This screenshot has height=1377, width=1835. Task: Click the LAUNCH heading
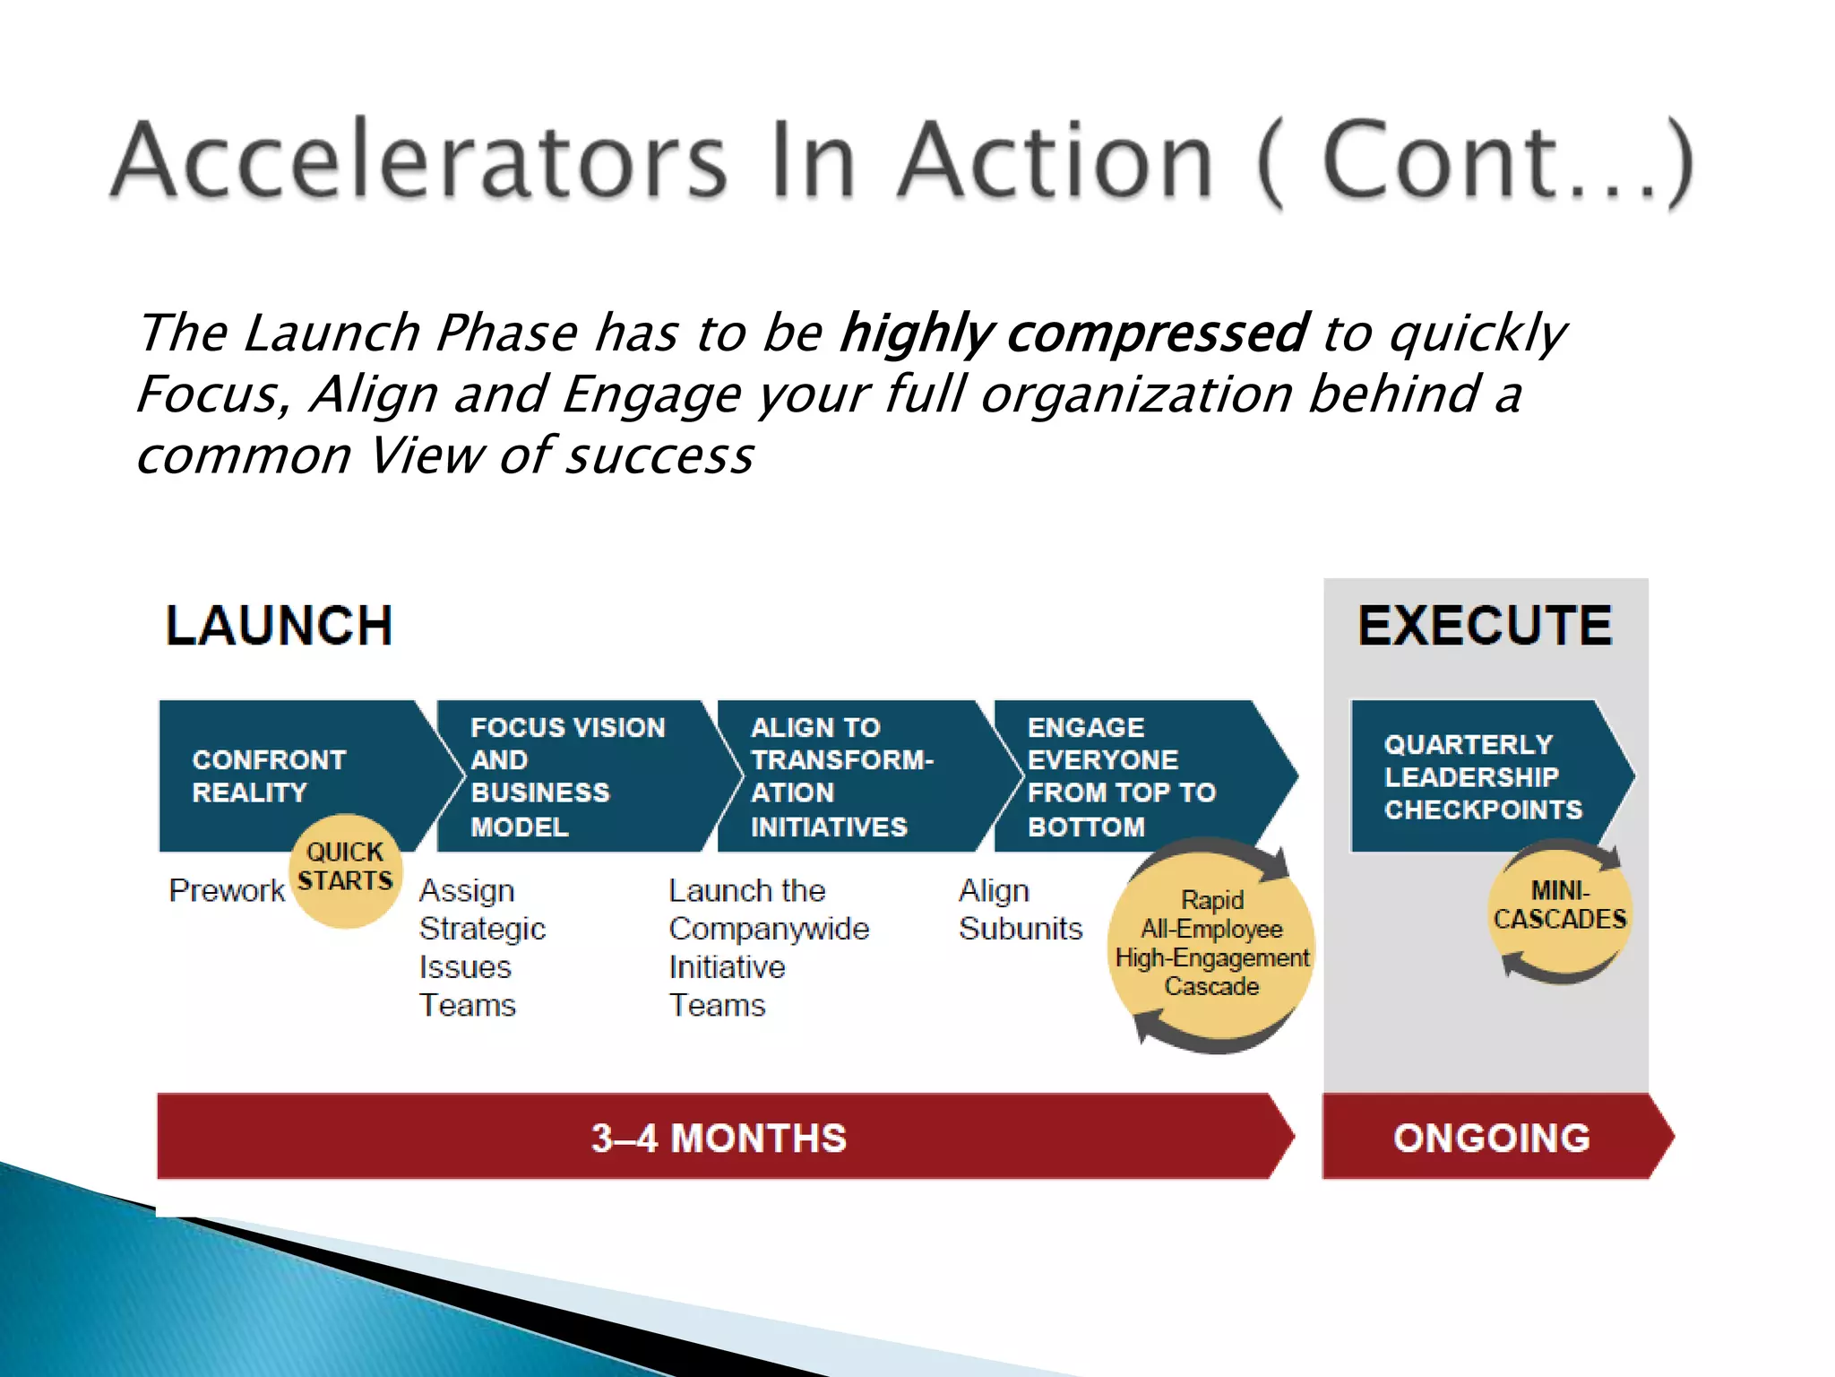279,625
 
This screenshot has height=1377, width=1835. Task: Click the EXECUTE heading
1484,625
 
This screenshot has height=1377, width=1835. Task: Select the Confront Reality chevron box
269,775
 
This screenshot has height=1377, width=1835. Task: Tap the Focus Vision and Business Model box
567,776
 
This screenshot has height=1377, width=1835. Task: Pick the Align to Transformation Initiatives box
841,776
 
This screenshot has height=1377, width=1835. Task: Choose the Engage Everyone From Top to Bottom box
1121,776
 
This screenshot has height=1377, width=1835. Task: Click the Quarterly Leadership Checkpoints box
1483,776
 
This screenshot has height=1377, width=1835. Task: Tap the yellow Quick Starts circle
345,869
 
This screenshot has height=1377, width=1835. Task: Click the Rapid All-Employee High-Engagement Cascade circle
1211,944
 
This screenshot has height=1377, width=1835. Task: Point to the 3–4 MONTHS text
719,1138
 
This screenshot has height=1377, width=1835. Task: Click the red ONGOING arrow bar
1491,1138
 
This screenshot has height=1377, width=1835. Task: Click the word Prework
226,890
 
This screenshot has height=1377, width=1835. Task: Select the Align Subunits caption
1020,909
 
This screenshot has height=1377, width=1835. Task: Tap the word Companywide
769,929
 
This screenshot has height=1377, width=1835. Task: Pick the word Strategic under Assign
482,929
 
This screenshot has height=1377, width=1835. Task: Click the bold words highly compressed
1073,333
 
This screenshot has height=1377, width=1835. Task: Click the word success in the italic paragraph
660,456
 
